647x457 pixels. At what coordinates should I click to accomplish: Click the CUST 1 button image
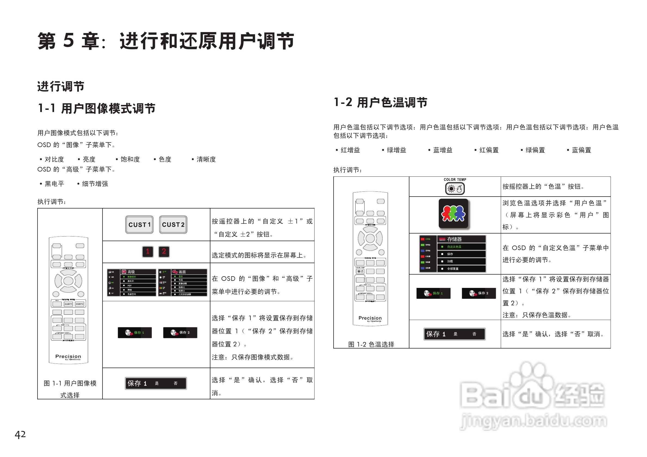(139, 225)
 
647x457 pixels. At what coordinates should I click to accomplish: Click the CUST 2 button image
(173, 225)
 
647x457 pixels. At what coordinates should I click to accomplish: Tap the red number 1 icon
(148, 251)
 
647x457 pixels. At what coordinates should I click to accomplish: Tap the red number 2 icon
(164, 251)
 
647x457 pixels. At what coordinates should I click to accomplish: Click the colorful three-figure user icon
(453, 214)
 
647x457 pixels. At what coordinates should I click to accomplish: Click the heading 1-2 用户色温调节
(380, 102)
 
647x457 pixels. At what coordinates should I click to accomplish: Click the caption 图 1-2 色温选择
(371, 344)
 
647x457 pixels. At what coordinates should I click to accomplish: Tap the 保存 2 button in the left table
(180, 333)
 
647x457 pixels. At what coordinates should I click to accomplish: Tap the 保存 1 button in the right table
(433, 293)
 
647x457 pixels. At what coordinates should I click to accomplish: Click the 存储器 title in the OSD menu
(454, 239)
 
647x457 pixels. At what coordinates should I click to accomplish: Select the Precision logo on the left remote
(68, 356)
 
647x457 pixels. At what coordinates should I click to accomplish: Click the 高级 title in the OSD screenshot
(131, 272)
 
